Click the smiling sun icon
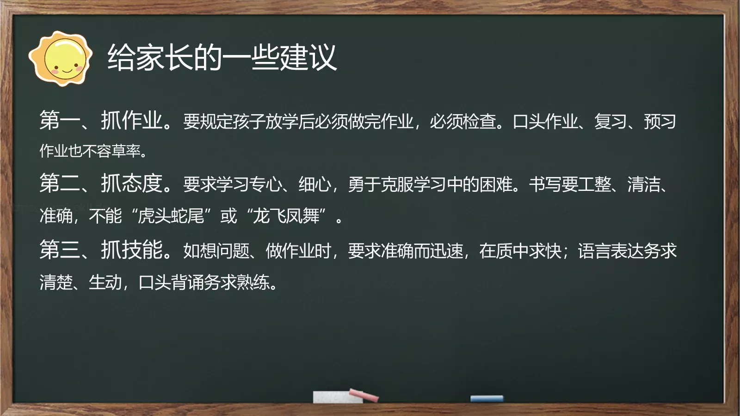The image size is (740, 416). [x=60, y=59]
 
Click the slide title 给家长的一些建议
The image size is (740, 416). [x=222, y=58]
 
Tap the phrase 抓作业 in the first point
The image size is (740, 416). [x=132, y=121]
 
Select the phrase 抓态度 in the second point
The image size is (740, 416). [x=132, y=184]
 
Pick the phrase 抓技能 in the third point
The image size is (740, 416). [x=132, y=250]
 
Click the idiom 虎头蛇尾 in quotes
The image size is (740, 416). [x=171, y=216]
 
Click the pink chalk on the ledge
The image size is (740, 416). [x=364, y=395]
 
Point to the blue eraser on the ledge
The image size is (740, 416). [x=487, y=398]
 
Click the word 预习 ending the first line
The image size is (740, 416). [x=660, y=122]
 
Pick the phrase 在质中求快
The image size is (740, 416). [x=520, y=251]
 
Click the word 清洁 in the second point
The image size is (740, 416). [x=643, y=184]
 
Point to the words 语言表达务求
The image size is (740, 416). [x=627, y=251]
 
